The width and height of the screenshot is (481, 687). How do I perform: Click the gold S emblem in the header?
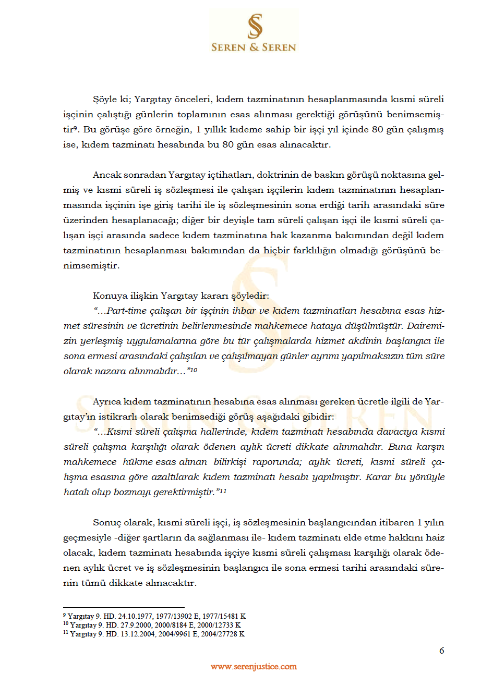255,26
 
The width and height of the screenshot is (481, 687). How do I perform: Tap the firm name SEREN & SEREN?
254,47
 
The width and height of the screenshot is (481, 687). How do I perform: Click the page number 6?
442,651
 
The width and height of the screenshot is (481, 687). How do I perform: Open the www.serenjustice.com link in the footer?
254,667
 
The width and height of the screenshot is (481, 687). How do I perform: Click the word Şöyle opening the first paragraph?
105,100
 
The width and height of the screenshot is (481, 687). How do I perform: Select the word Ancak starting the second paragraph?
107,175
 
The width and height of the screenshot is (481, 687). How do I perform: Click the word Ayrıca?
107,402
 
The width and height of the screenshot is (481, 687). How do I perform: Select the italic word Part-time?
127,311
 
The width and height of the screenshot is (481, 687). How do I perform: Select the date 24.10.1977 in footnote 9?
136,616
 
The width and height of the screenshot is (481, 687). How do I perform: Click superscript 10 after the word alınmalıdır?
194,370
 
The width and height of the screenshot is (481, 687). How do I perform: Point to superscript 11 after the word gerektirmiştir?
223,490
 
